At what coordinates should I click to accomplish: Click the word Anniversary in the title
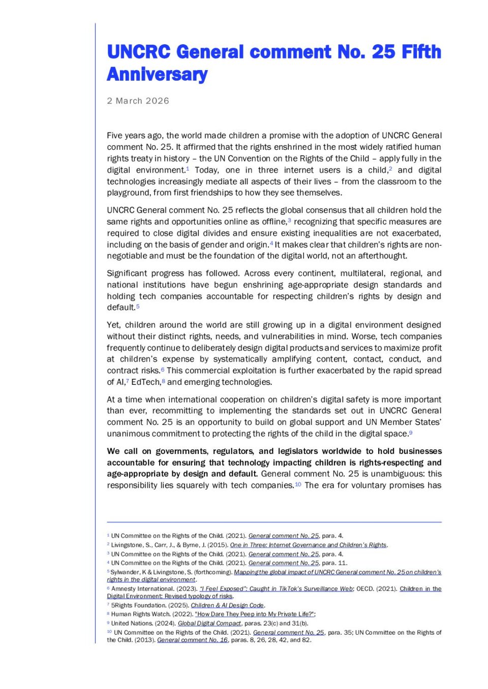click(x=157, y=74)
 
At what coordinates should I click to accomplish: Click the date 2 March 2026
click(x=138, y=101)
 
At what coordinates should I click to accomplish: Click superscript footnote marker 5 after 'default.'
click(x=138, y=306)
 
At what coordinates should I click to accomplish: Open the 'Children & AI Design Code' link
click(x=227, y=605)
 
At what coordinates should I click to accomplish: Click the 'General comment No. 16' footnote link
click(x=192, y=640)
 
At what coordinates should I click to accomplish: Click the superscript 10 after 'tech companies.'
click(x=298, y=484)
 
